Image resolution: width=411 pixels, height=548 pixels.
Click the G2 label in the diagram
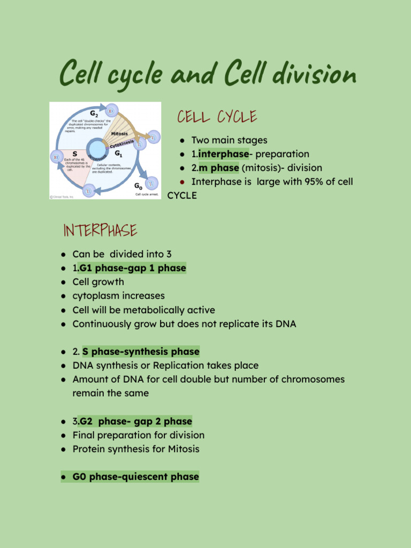pyautogui.click(x=94, y=114)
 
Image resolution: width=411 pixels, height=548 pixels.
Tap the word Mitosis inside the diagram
pyautogui.click(x=119, y=133)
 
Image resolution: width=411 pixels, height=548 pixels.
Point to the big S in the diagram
pyautogui.click(x=75, y=154)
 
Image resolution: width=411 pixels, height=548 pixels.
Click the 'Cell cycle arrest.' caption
pyautogui.click(x=147, y=195)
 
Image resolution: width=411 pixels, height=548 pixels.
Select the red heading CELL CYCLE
pyautogui.click(x=217, y=117)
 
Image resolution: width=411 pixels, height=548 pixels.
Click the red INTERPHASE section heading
pyautogui.click(x=100, y=231)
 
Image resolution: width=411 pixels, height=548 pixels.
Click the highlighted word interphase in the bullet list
pyautogui.click(x=223, y=154)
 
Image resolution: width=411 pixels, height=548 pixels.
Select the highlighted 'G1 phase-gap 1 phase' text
pyautogui.click(x=132, y=268)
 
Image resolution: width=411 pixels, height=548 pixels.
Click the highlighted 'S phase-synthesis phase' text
pyautogui.click(x=141, y=352)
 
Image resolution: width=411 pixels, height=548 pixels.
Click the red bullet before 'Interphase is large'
pyautogui.click(x=182, y=182)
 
